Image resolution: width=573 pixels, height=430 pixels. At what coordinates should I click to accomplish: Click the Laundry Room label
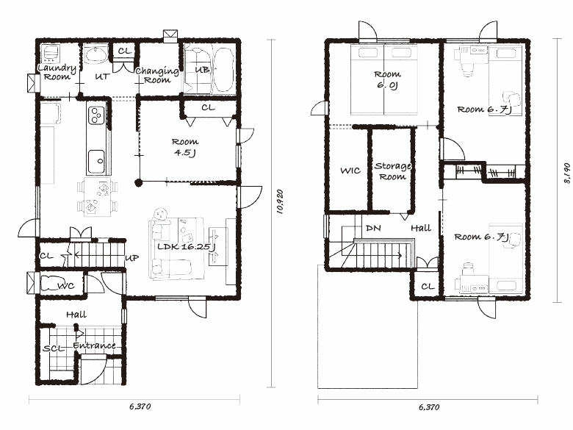[57, 72]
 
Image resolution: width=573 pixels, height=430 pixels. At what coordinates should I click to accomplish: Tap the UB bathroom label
[202, 70]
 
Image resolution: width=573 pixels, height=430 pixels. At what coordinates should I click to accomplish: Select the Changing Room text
[157, 75]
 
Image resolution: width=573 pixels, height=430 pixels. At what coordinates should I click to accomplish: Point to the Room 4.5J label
[185, 147]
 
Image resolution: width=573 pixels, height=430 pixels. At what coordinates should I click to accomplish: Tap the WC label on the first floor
[66, 286]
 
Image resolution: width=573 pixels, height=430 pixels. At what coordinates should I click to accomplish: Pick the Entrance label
[94, 345]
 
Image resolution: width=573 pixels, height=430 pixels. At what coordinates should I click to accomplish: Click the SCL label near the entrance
[54, 348]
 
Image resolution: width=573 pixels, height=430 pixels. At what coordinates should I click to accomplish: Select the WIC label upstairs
[350, 171]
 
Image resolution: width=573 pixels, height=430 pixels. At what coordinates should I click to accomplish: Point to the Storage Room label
[393, 171]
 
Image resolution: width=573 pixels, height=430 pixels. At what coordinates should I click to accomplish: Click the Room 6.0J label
[387, 79]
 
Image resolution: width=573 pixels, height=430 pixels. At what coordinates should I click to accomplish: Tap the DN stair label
[373, 228]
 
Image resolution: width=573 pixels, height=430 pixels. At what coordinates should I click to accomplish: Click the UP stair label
[132, 258]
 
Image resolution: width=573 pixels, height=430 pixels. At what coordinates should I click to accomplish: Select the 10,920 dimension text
[281, 201]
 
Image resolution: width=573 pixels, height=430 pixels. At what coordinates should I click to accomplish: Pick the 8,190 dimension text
[567, 173]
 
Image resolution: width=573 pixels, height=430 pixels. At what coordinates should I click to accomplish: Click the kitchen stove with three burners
[96, 115]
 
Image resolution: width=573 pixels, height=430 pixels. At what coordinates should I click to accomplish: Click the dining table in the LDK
[97, 197]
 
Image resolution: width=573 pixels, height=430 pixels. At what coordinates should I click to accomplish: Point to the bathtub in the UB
[223, 71]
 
